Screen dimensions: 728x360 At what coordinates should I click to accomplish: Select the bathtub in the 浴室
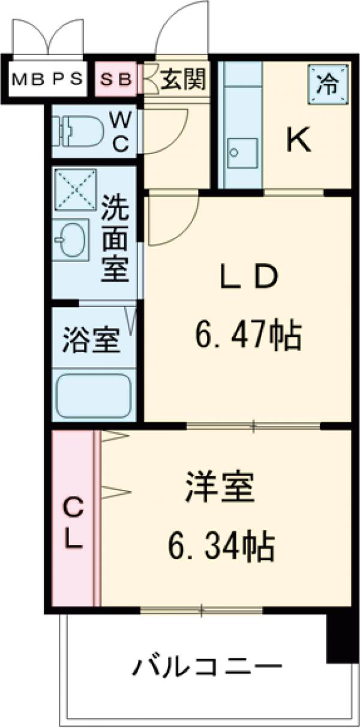coord(94,396)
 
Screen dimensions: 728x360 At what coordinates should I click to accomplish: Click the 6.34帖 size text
coord(220,546)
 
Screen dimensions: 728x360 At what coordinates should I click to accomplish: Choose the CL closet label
coord(73,525)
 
